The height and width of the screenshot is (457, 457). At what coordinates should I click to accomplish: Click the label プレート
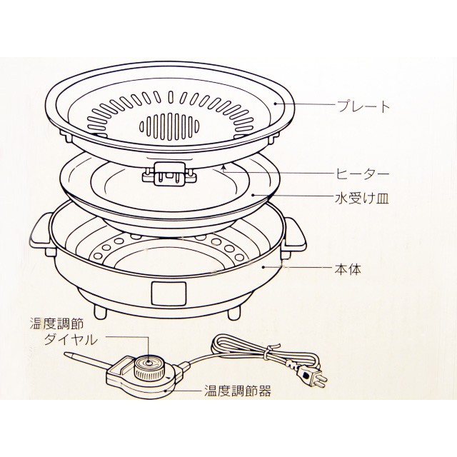pyautogui.click(x=363, y=107)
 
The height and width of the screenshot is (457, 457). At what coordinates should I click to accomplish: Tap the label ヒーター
pyautogui.click(x=363, y=173)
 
